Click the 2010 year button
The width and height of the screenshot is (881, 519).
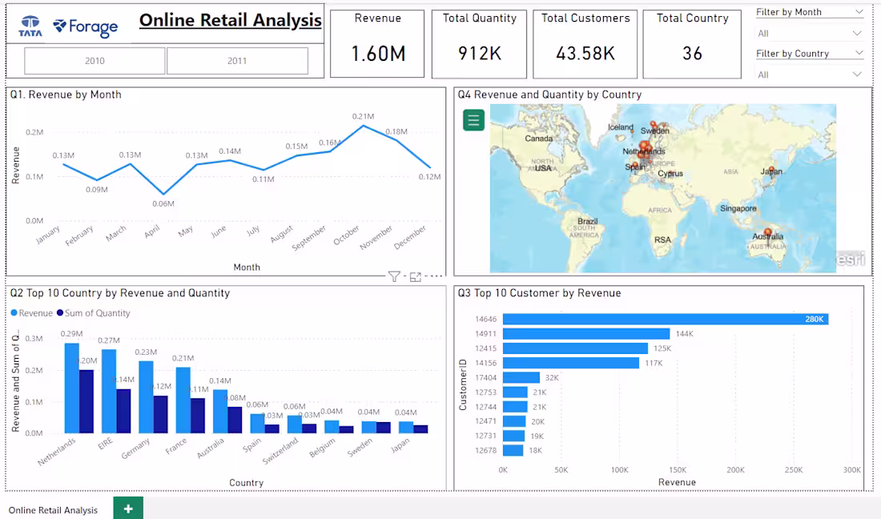[95, 61]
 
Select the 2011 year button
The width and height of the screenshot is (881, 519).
[237, 61]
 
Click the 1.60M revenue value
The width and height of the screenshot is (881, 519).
[378, 54]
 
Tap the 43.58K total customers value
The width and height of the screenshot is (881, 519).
[585, 54]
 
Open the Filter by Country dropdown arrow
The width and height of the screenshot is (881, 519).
[858, 54]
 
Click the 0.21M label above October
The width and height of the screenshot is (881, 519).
[364, 117]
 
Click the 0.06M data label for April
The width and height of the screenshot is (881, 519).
[163, 203]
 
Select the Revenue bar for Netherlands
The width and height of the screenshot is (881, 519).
[72, 388]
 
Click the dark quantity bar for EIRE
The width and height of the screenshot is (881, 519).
[123, 411]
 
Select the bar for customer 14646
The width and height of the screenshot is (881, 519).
[665, 319]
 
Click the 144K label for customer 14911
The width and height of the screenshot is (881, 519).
[685, 334]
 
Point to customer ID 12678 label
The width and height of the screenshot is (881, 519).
[485, 450]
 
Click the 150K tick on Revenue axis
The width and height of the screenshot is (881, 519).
[678, 470]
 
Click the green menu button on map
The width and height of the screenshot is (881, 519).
[473, 120]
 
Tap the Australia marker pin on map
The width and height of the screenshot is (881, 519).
[768, 233]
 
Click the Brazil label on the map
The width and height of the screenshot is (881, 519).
[588, 221]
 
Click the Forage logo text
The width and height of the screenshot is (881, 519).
[93, 27]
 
